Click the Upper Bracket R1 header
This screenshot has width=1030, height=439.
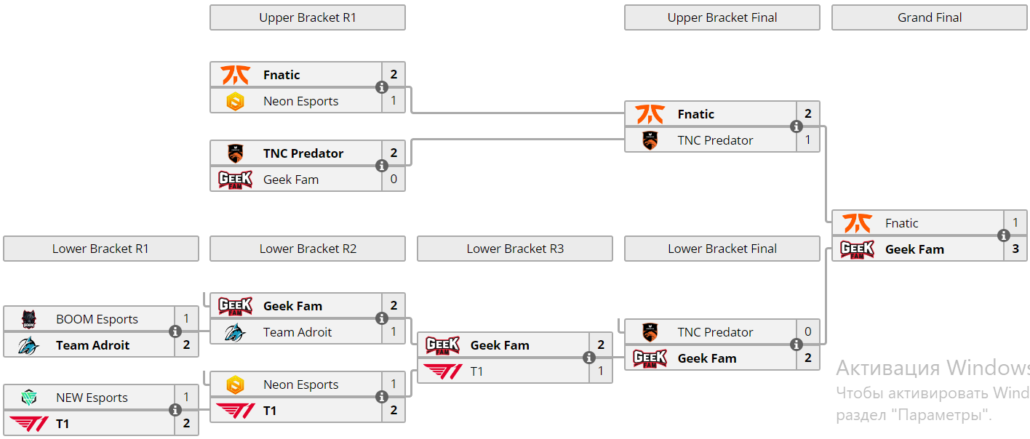tap(307, 17)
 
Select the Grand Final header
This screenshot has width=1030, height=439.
tap(929, 17)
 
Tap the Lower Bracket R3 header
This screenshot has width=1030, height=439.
tap(514, 249)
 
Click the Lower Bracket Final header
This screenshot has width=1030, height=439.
tap(722, 249)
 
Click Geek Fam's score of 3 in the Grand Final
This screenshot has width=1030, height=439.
tap(1015, 249)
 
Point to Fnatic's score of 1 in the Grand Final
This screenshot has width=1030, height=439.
tap(1015, 223)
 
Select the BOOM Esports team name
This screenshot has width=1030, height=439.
tap(97, 319)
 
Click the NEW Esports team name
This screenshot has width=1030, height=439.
tap(92, 398)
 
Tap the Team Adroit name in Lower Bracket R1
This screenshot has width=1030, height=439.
tap(92, 345)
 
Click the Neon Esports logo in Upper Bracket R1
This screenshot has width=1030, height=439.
tap(235, 101)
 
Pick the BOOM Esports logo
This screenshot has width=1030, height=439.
tap(28, 319)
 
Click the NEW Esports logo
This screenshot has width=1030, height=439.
tap(28, 398)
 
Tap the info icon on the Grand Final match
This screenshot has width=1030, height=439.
tap(1004, 235)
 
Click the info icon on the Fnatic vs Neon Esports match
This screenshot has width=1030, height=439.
tap(382, 87)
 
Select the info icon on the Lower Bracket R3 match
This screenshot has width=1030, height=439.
tap(589, 358)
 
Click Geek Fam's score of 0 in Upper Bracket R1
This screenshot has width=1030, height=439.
tap(394, 180)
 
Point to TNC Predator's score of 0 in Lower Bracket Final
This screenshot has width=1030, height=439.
tap(808, 332)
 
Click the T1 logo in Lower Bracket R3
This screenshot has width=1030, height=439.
tap(442, 371)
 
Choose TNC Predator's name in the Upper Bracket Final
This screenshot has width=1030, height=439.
tap(715, 140)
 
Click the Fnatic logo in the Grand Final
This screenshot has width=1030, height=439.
tap(857, 223)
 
